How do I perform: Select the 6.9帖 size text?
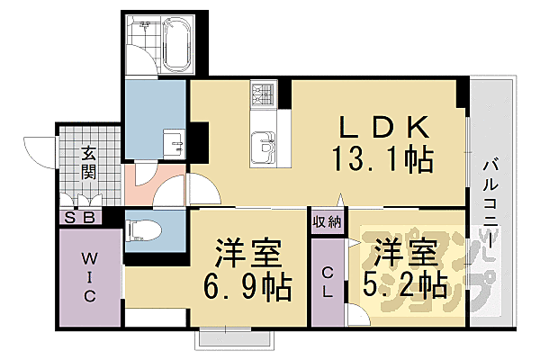click(x=246, y=287)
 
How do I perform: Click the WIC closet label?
click(x=88, y=279)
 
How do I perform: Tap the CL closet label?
click(x=328, y=283)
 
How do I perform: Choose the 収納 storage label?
click(x=327, y=221)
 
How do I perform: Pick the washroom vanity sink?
click(x=175, y=143)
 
